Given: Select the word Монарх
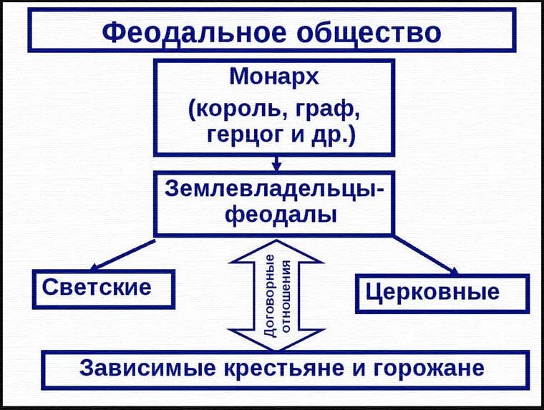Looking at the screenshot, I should coord(273,76).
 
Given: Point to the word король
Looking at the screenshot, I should coord(233,109).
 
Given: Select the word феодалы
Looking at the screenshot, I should coord(275,214).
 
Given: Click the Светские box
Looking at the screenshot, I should coord(103,288).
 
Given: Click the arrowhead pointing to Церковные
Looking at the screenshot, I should coord(453,270).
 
